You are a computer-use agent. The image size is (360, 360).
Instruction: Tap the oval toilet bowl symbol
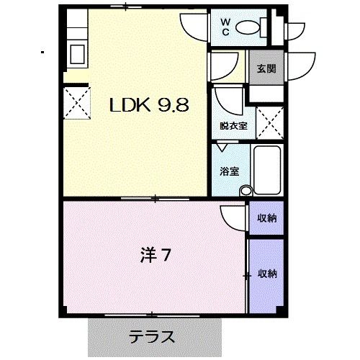point(248,27)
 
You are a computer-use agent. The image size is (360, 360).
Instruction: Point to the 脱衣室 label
point(233,125)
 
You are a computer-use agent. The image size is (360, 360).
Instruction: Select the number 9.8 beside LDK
point(172,105)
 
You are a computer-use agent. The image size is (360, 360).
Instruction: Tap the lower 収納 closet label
point(267,274)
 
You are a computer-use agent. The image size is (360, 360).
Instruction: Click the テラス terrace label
point(153,336)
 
